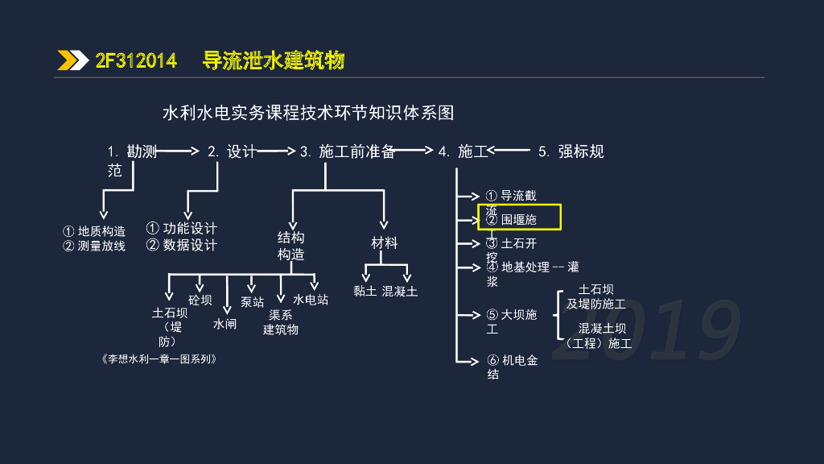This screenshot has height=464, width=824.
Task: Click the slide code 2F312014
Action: click(135, 60)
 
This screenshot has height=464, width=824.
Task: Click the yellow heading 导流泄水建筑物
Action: click(274, 60)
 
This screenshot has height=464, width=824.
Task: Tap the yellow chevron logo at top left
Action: click(72, 60)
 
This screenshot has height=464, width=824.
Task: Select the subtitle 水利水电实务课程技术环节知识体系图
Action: click(309, 112)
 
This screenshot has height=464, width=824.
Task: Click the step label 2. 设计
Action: click(231, 151)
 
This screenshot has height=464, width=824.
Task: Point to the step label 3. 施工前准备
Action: click(347, 151)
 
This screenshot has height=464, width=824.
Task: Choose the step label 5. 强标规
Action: click(571, 151)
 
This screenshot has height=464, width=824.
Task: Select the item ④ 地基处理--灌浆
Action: click(531, 267)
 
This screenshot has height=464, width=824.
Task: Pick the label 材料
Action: click(385, 242)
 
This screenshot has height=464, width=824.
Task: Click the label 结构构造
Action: click(290, 246)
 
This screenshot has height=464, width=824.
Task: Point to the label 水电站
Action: click(310, 300)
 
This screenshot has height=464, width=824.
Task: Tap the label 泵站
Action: click(252, 302)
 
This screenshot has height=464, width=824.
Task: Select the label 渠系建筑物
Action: click(281, 322)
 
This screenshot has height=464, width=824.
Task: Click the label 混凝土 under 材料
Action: click(400, 291)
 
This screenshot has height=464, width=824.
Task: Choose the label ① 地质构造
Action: click(95, 231)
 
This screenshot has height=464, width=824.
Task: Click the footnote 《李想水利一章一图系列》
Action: click(160, 359)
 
